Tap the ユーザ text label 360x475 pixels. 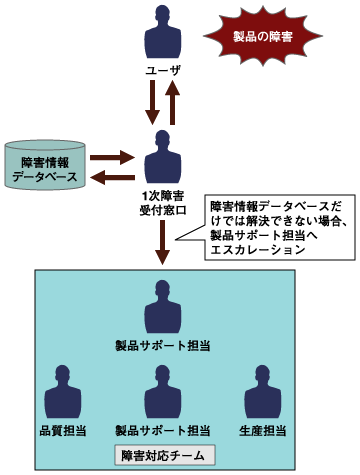coord(163,72)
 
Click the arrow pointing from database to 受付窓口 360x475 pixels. coord(110,157)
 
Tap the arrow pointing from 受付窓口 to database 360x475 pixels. coord(110,177)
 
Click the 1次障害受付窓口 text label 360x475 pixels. coord(163,203)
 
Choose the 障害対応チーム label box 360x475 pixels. coord(162,456)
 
